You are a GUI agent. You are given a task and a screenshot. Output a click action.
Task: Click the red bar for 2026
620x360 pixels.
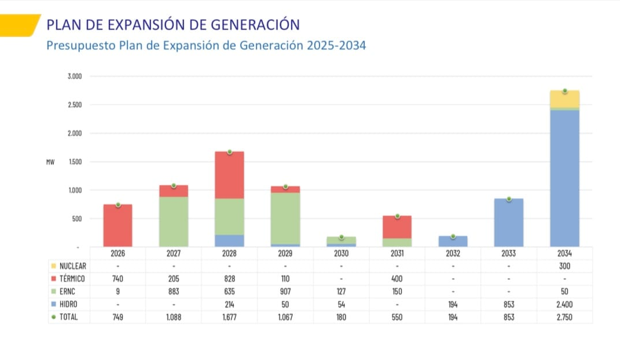(118, 226)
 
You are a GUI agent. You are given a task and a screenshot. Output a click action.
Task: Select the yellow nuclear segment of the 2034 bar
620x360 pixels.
(564, 100)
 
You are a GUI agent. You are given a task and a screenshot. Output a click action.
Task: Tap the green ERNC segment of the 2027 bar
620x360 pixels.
(174, 222)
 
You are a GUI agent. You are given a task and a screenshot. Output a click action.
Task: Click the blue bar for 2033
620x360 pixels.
(509, 223)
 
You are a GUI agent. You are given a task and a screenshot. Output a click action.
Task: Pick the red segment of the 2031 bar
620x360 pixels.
(397, 227)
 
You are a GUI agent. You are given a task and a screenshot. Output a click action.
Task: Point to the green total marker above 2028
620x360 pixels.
(230, 152)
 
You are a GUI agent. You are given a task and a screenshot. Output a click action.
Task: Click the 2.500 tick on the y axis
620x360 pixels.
(75, 105)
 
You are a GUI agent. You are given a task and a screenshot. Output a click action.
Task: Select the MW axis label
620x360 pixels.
(50, 162)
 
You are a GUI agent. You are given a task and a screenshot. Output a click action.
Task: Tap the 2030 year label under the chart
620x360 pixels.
(342, 254)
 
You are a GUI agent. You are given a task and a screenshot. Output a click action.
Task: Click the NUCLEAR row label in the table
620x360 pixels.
(72, 266)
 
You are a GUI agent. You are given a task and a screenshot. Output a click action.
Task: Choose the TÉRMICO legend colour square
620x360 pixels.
(53, 279)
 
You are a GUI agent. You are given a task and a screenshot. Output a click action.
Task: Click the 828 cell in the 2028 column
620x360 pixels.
(230, 279)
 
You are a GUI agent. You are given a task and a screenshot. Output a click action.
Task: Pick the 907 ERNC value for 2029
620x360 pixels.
(285, 292)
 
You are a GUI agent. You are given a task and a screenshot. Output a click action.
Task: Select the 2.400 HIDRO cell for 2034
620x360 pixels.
(564, 304)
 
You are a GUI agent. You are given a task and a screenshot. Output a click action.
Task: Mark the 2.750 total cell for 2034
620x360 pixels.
(564, 317)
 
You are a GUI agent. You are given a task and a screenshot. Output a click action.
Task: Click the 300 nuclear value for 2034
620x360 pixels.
(564, 266)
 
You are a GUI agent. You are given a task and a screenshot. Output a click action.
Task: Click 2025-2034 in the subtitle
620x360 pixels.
(336, 46)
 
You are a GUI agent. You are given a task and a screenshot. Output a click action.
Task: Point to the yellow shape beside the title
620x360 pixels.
(20, 24)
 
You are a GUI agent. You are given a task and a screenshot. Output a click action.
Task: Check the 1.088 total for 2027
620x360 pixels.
(174, 317)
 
